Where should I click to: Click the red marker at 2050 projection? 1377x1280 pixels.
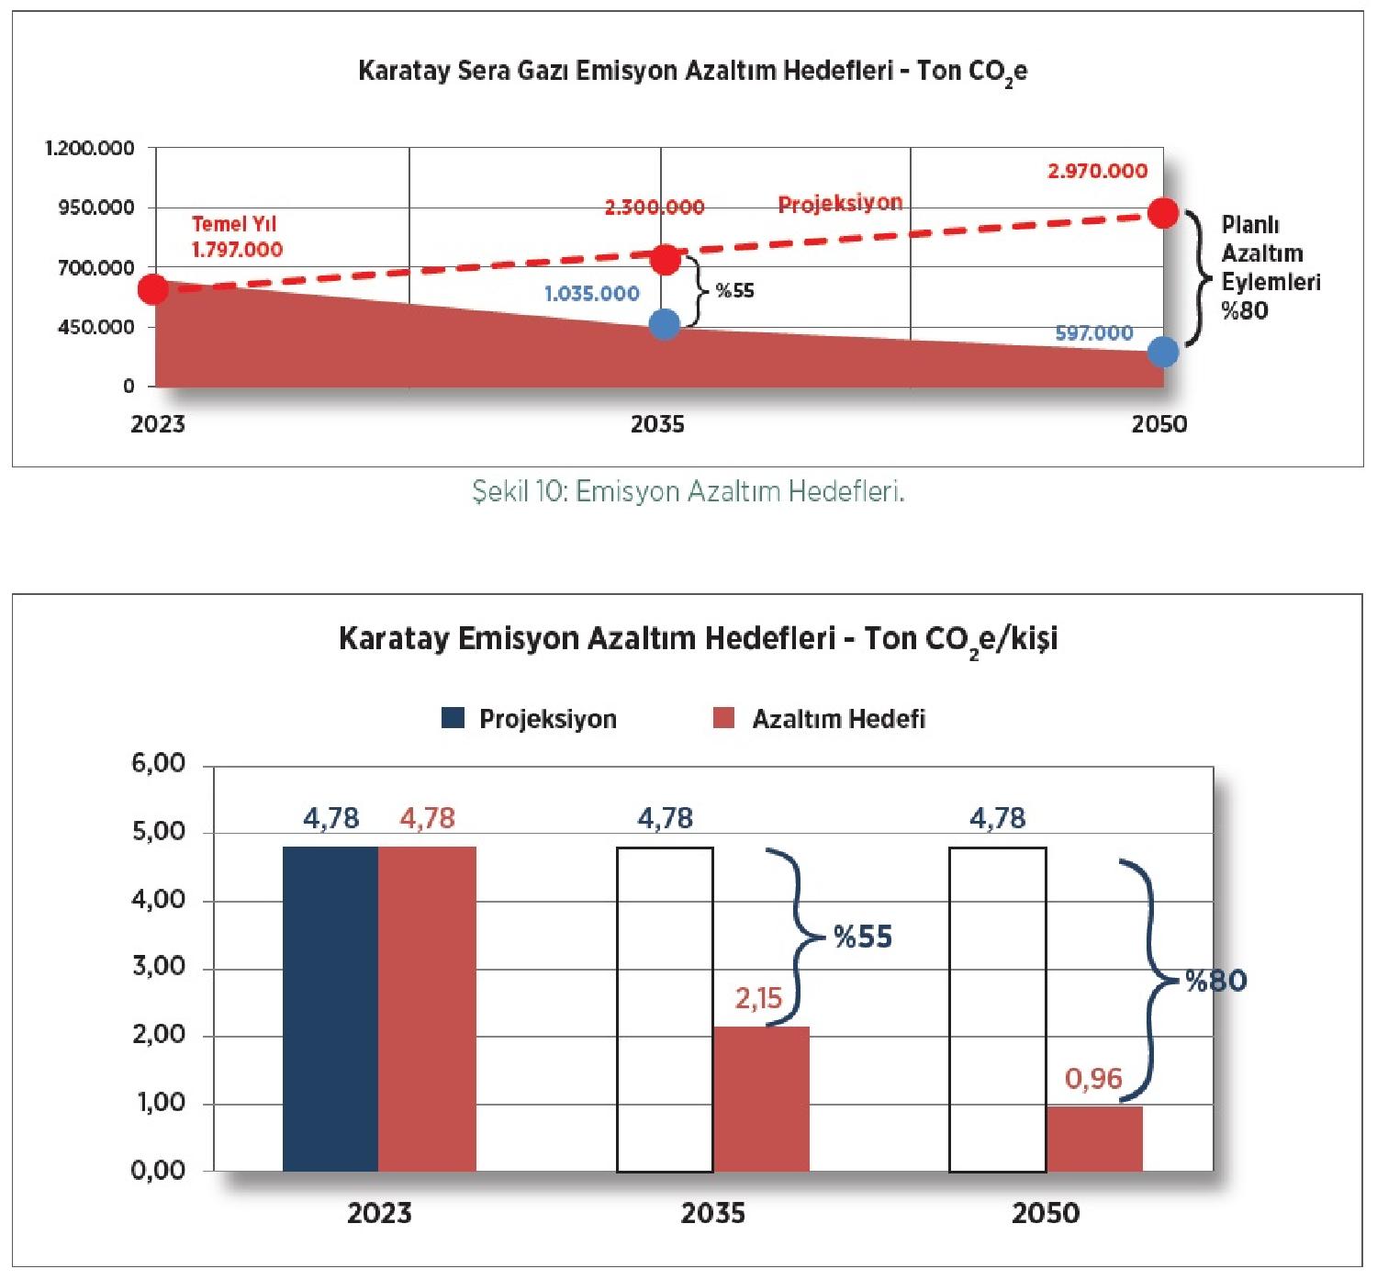[1162, 213]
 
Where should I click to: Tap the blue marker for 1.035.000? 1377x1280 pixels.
[664, 323]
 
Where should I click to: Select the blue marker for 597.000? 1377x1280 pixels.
[1163, 351]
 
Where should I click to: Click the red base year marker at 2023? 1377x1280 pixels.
[153, 289]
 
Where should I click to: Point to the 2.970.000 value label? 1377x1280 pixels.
[1097, 171]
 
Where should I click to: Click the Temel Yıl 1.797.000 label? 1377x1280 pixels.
[236, 237]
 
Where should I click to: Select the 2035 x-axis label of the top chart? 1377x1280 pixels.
[657, 424]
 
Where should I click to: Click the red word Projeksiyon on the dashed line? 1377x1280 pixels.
[840, 203]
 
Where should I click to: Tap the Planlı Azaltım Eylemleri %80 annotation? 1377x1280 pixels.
[1270, 267]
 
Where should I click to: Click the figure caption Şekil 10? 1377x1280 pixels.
[688, 492]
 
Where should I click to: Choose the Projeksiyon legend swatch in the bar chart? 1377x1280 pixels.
[453, 718]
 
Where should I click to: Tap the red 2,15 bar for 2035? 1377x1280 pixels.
[761, 1098]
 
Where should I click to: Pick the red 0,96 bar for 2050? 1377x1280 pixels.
[1094, 1139]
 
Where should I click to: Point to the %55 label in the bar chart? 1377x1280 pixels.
[862, 937]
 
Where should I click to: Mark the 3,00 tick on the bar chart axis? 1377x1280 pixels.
[159, 967]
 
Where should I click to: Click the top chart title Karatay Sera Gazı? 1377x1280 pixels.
[692, 71]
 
